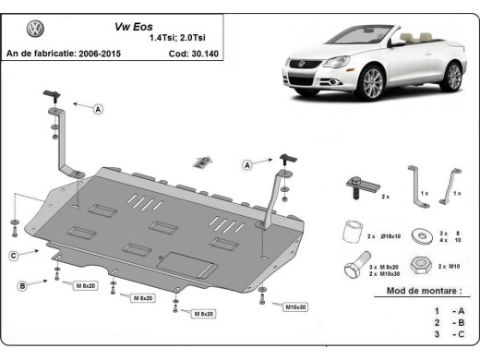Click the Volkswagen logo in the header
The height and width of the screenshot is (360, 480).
click(35, 30)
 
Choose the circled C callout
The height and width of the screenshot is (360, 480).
click(14, 256)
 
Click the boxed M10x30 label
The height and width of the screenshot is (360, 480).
click(296, 306)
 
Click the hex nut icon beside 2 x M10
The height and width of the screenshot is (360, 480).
click(420, 265)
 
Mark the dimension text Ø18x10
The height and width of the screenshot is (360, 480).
click(389, 237)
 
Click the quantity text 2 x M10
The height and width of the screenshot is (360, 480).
click(448, 266)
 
